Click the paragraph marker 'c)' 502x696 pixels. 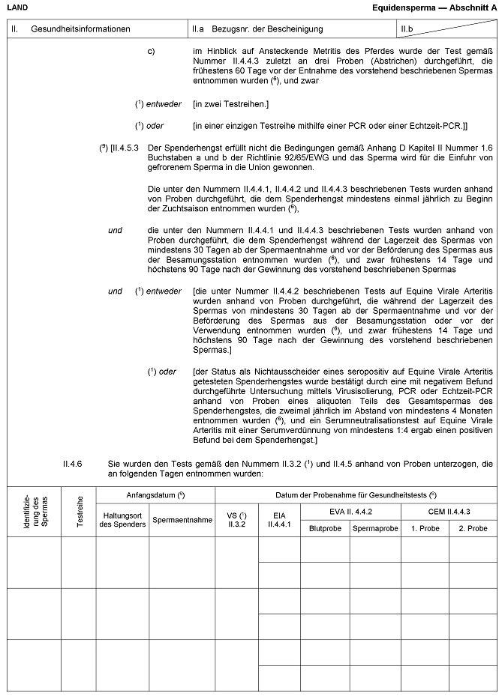point(151,51)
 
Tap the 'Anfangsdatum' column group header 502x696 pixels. point(155,494)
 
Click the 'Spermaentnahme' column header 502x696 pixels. point(182,519)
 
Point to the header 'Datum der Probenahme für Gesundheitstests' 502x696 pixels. point(356,494)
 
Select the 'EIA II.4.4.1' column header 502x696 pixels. point(279,519)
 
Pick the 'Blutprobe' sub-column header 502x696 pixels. point(325,529)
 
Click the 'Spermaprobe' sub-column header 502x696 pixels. point(374,529)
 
